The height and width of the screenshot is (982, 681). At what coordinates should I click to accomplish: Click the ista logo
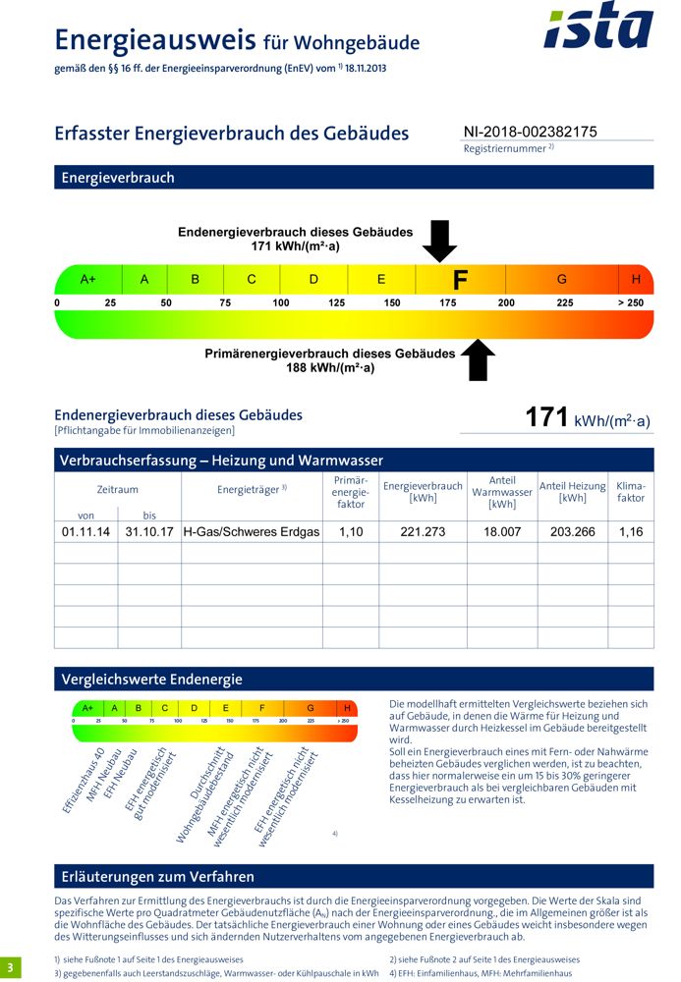coord(597,27)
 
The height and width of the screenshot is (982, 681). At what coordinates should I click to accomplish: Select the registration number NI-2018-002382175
coord(530,132)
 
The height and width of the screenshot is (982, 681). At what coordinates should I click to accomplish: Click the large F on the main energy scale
coord(460,280)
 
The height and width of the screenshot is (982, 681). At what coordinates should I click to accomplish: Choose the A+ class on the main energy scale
coord(87,279)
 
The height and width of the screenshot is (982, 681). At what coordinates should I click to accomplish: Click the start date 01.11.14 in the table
coord(85,531)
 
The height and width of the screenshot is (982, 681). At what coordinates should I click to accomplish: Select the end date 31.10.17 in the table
coord(149,531)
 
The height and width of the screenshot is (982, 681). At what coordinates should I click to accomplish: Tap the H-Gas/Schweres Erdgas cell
coord(252,531)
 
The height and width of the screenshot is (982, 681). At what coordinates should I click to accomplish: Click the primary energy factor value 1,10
coord(351,531)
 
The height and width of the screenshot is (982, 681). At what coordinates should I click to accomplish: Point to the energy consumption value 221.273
coord(423,531)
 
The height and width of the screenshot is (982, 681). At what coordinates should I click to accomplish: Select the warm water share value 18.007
coord(501,531)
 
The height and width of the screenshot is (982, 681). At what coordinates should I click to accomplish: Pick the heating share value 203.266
coord(572,531)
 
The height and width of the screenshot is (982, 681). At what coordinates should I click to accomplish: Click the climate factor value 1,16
coord(631,531)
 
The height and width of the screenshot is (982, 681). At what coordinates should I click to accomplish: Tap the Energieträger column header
coord(252,488)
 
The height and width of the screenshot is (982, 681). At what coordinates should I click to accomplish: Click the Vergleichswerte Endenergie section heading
coord(151,679)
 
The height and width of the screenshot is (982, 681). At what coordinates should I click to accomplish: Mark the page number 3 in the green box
coord(11,966)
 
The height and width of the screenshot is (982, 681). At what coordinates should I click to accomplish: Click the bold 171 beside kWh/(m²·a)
coord(547,417)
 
